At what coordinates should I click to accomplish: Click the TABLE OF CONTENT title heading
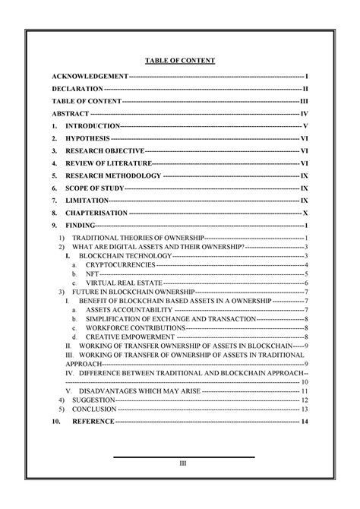180,60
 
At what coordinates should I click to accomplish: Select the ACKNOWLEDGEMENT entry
90,77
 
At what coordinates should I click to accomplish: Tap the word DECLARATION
77,90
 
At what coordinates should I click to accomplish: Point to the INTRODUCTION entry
93,125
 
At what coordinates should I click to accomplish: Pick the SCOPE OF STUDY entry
95,188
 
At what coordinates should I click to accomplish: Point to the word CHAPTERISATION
96,213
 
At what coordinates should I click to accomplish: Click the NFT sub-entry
92,273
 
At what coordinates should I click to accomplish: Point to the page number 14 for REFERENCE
304,421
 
